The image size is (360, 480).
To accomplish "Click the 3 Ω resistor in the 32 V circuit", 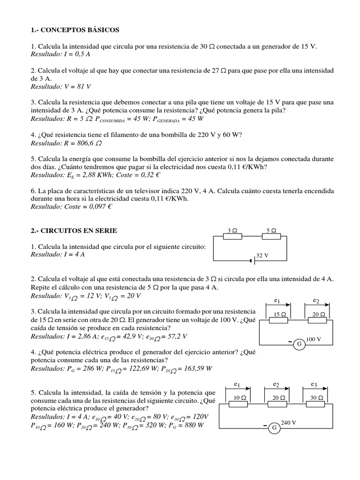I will coord(232,237).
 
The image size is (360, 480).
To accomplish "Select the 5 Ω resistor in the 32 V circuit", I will coord(271,237).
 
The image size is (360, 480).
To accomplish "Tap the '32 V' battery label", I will coord(262,255).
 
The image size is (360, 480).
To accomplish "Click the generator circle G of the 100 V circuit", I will coord(298,345).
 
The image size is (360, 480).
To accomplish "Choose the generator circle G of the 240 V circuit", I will coord(275,428).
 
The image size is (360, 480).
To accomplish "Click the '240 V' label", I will coord(288,422).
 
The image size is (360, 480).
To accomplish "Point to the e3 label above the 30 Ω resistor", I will coord(314,385).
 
